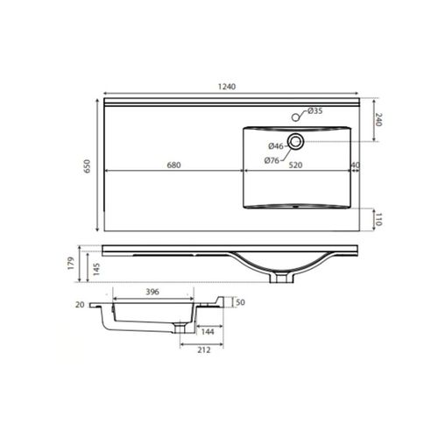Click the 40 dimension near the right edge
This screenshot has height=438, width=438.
[356, 165]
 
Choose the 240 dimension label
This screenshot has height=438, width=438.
[378, 120]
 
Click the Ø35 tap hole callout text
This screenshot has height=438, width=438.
[315, 110]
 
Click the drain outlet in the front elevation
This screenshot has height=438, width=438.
[283, 279]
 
